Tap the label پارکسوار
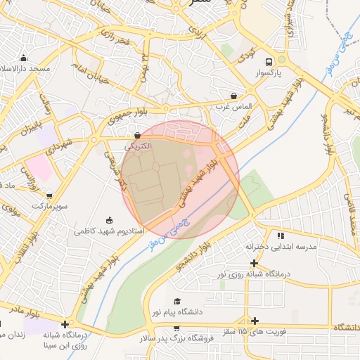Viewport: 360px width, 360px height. pyautogui.click(x=268, y=72)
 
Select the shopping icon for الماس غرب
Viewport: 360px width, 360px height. pyautogui.click(x=233, y=95)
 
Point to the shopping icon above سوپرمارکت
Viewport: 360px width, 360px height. pyautogui.click(x=49, y=195)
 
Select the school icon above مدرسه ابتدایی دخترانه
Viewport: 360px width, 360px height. pyautogui.click(x=281, y=236)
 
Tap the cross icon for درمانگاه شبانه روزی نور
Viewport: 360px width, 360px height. pyautogui.click(x=253, y=262)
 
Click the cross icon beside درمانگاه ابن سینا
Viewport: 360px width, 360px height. pyautogui.click(x=65, y=325)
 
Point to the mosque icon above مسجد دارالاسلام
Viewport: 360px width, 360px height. pyautogui.click(x=25, y=58)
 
